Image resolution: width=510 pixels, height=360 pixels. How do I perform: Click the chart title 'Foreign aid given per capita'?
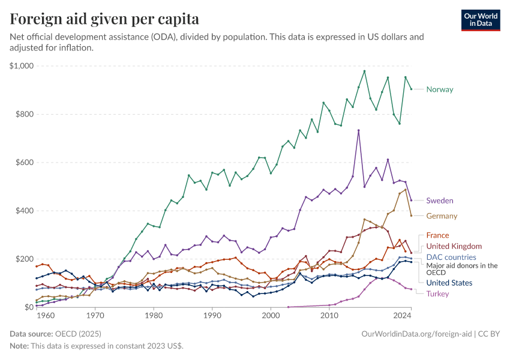click(104, 19)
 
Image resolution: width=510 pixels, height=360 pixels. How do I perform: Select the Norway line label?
click(439, 89)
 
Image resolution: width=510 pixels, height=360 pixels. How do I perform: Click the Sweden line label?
click(439, 200)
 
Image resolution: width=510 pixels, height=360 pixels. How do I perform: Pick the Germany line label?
click(442, 216)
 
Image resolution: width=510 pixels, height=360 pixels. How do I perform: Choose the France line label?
click(437, 235)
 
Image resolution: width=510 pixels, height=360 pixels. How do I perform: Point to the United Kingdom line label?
click(454, 246)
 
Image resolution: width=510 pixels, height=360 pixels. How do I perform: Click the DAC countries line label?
click(451, 257)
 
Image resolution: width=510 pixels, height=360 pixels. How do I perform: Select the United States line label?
click(449, 283)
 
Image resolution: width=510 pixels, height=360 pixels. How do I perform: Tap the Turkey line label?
click(438, 293)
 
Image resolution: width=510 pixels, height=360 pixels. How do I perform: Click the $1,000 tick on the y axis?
click(22, 66)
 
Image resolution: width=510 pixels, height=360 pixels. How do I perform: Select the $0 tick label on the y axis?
click(26, 307)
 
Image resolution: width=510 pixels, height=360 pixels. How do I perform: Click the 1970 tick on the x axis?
click(95, 315)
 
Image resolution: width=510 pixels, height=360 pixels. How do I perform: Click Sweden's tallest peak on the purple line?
click(358, 130)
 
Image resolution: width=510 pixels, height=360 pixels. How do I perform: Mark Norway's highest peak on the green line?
click(364, 71)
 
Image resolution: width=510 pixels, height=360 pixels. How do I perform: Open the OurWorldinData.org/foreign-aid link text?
click(418, 333)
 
